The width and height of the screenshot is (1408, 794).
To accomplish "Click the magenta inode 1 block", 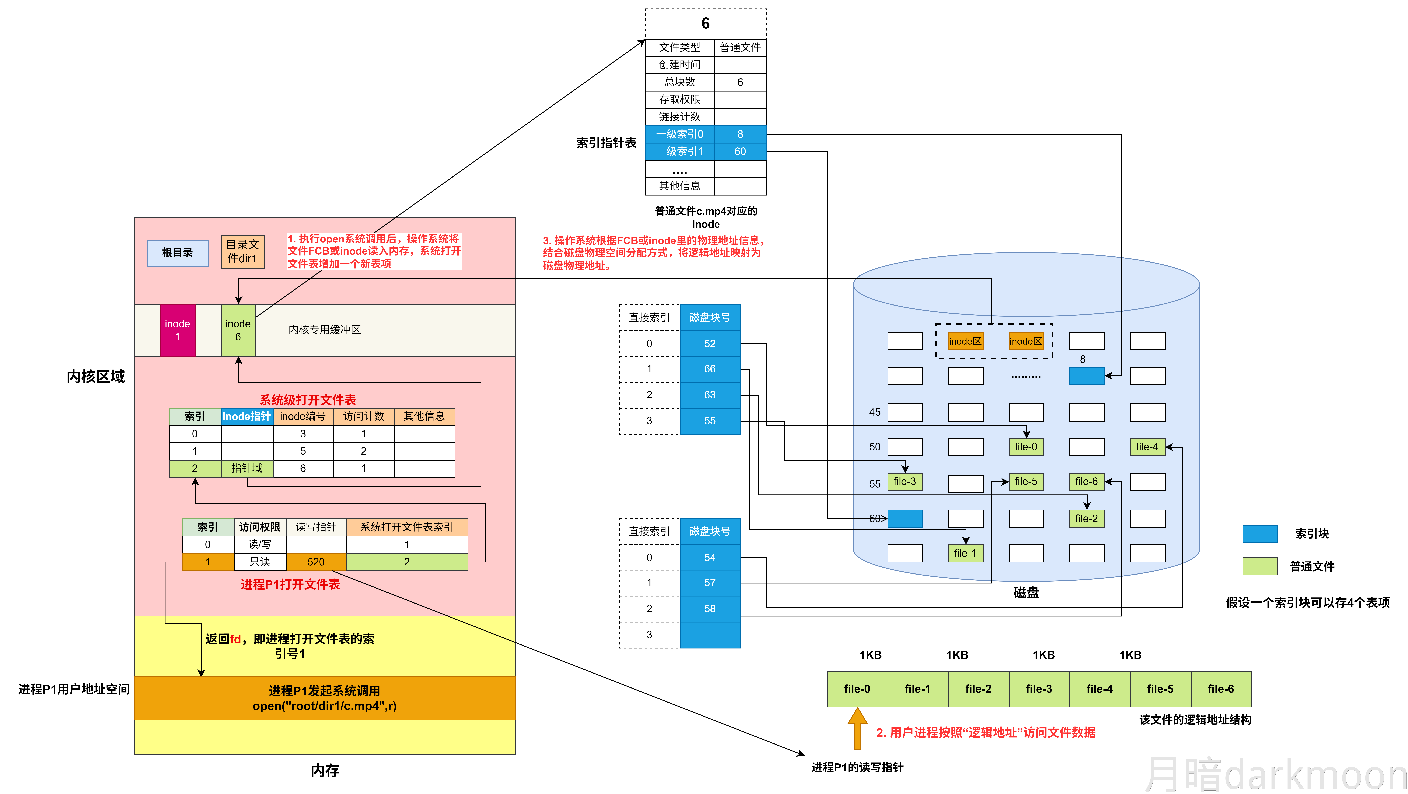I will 178,330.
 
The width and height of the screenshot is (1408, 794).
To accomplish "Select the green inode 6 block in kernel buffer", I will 238,330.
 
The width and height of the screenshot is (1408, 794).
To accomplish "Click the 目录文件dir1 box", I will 243,251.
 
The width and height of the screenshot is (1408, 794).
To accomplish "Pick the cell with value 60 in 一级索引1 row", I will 740,151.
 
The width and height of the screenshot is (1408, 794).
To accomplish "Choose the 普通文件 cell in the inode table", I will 740,47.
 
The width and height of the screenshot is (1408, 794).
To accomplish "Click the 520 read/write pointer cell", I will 316,562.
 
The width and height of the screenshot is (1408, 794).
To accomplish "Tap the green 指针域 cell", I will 247,468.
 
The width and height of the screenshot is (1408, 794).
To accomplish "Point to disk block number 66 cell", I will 709,369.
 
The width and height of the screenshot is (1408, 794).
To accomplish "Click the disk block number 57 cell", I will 709,583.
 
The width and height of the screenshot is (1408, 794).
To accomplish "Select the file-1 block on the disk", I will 965,553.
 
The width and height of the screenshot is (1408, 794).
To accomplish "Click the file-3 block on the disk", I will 905,481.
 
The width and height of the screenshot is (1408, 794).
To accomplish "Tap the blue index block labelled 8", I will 1087,376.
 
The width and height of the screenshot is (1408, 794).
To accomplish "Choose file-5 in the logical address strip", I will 1160,689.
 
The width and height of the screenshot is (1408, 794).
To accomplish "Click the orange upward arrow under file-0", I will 857,728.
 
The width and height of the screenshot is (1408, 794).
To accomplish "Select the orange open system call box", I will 325,698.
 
